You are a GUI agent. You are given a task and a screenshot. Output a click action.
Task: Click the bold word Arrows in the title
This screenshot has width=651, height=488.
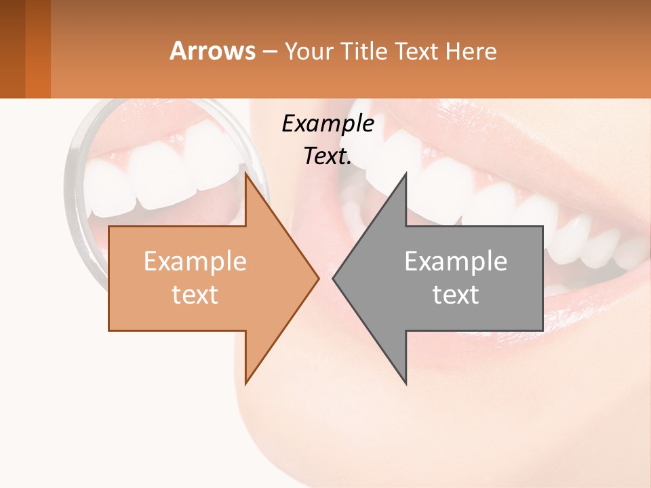point(213,51)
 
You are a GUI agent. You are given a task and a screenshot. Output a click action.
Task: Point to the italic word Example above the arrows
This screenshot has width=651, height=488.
point(328,123)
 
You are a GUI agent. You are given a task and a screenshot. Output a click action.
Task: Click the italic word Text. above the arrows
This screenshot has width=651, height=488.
point(328,156)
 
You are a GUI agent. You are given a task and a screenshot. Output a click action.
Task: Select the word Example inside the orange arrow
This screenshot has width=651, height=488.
point(195,262)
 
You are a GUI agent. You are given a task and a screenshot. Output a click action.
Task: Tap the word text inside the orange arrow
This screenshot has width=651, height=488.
point(195,294)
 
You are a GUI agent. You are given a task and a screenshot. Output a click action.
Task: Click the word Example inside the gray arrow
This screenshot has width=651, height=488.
point(456,262)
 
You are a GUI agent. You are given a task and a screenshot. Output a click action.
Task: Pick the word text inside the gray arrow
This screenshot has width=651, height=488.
point(456,294)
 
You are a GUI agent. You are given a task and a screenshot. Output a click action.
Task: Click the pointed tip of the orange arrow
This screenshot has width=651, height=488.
point(318,278)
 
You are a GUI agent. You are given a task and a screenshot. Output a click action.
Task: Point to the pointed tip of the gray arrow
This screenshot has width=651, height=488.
point(333,278)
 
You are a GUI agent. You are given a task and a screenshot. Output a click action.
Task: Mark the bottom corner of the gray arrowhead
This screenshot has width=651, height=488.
point(406,383)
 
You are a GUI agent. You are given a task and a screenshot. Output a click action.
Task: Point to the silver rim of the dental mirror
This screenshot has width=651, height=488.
point(70,176)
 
